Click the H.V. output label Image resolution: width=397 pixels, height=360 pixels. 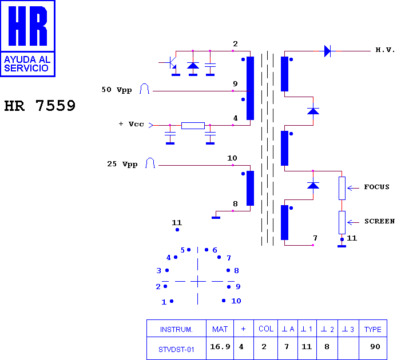point(385,50)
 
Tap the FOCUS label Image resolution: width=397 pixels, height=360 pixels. point(376,187)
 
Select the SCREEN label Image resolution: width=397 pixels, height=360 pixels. point(379,221)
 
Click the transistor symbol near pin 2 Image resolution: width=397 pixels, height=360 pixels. point(171,63)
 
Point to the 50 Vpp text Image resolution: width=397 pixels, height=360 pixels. point(117,90)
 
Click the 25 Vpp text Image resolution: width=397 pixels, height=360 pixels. point(122,164)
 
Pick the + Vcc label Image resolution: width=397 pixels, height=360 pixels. point(131,124)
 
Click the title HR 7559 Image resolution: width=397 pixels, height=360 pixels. point(39,106)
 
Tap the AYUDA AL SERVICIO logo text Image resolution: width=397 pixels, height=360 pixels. point(27,64)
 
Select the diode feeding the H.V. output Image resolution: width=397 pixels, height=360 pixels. point(327,51)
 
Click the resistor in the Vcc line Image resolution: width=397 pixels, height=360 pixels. point(193,126)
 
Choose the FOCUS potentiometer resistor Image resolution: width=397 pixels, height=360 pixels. point(342,188)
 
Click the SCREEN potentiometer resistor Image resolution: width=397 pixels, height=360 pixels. point(342,222)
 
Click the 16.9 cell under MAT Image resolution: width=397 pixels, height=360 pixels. point(220,347)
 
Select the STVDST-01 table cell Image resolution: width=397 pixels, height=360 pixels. point(176,349)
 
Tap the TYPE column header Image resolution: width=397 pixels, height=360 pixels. point(373,329)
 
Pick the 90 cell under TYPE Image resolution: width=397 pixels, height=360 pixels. point(375,347)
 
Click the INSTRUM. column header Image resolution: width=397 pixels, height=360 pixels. point(176,329)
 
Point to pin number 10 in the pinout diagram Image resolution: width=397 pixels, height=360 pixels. point(236,301)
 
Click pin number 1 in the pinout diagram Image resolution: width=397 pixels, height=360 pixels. point(164,302)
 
